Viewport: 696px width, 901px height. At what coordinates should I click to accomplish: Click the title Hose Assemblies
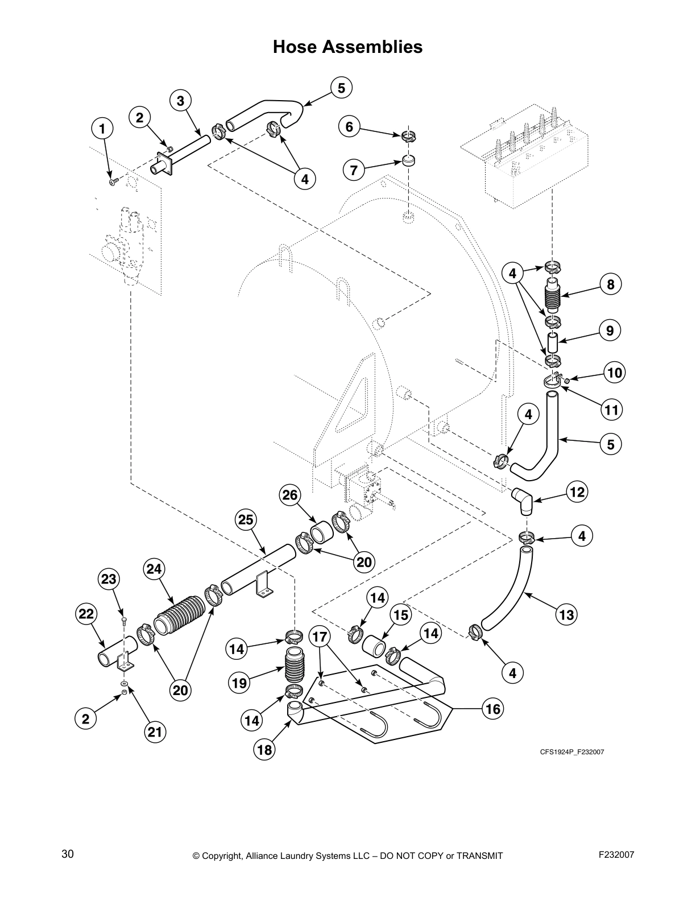(x=347, y=47)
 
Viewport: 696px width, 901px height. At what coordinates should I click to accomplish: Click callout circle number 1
(x=102, y=129)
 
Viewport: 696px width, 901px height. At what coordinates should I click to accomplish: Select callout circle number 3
(x=180, y=101)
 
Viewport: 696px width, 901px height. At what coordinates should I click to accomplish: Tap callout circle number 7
(x=354, y=170)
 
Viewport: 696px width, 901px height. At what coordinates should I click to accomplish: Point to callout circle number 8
(x=611, y=284)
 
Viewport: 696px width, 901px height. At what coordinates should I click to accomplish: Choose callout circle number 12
(x=577, y=492)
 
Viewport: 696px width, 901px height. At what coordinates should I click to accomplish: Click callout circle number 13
(x=567, y=614)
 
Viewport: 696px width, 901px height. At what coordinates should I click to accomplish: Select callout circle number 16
(x=493, y=709)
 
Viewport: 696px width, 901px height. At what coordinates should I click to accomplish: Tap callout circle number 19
(x=240, y=683)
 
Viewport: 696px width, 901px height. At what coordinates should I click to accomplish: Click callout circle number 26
(x=290, y=495)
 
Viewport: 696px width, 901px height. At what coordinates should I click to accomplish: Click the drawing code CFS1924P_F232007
(x=571, y=752)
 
